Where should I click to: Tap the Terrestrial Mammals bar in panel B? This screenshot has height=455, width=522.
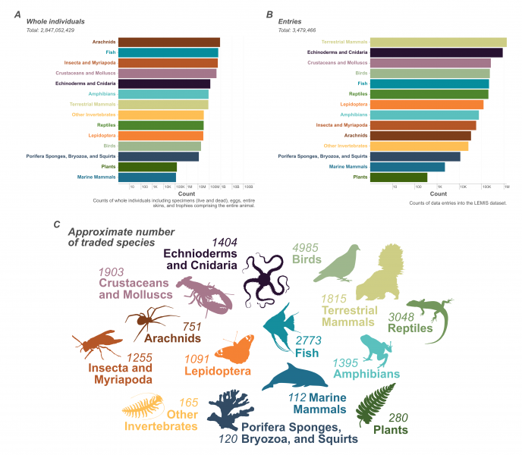438,42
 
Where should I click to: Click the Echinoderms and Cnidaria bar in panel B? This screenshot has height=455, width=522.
436,53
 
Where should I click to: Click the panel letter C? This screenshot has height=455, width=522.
58,224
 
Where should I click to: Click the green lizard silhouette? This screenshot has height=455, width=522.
428,309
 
